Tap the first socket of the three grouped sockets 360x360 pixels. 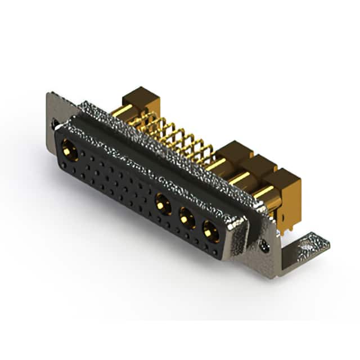(164, 203)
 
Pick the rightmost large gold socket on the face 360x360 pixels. (210, 229)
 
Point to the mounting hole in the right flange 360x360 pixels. (265, 246)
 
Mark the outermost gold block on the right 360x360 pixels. (284, 183)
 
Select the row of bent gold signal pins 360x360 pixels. (174, 135)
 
